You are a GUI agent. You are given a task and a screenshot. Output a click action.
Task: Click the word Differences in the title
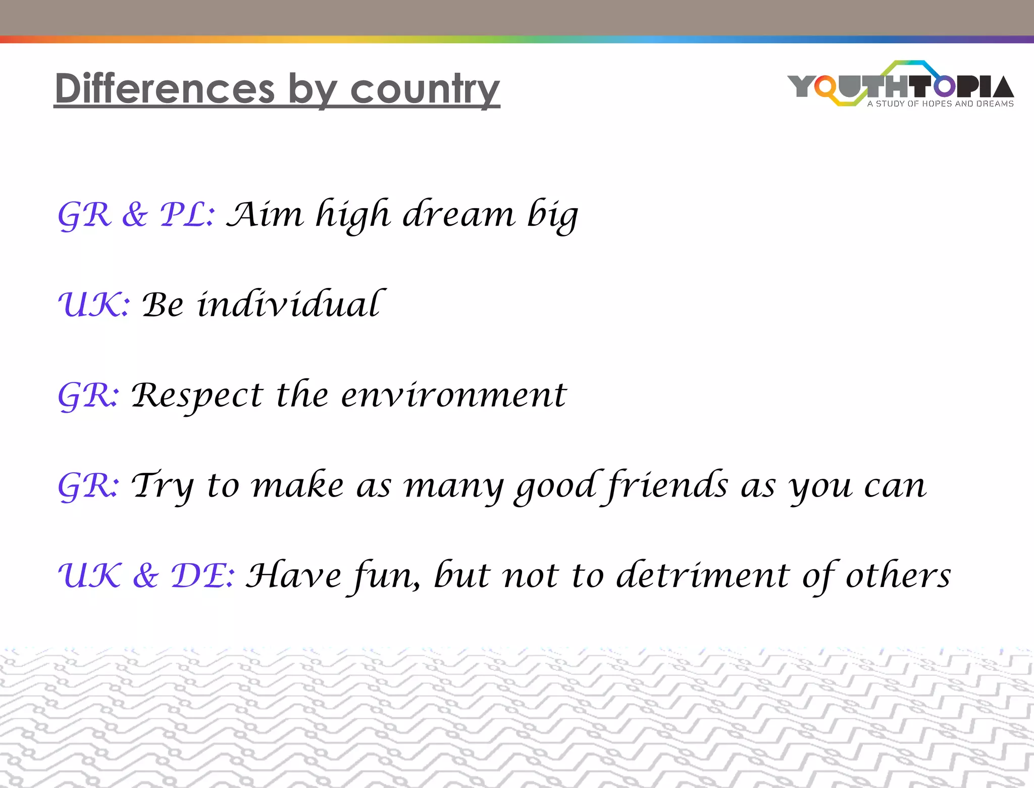click(x=165, y=89)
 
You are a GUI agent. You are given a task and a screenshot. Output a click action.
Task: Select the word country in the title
click(x=425, y=90)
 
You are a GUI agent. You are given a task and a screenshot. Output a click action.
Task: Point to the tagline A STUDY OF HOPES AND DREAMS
click(x=940, y=104)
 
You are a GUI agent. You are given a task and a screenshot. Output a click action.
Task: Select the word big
click(x=552, y=215)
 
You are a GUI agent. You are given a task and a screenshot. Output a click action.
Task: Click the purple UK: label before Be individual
click(x=94, y=305)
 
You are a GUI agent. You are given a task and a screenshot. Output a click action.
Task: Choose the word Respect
click(x=197, y=396)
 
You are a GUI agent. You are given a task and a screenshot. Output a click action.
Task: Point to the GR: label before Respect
click(x=89, y=395)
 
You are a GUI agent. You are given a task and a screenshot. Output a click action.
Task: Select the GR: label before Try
click(x=89, y=485)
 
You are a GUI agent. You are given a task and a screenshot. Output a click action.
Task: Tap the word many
click(x=453, y=486)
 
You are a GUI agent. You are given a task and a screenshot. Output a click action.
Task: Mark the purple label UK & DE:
click(x=146, y=575)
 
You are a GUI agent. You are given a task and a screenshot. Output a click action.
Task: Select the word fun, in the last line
click(x=386, y=576)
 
